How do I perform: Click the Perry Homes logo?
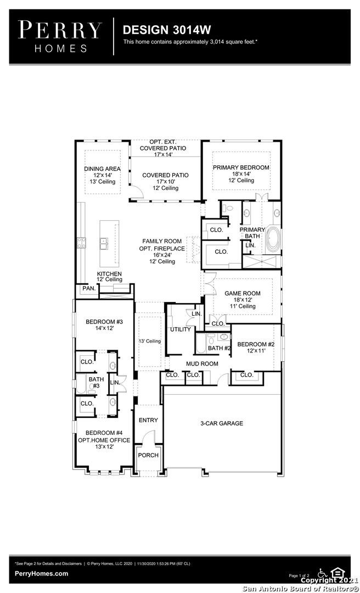[x=60, y=37]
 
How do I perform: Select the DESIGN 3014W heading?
[x=167, y=30]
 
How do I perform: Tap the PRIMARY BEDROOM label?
[x=241, y=167]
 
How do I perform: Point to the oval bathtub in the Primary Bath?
[x=273, y=240]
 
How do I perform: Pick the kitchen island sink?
[x=104, y=244]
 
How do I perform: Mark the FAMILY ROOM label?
[x=162, y=241]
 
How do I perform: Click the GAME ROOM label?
[x=243, y=293]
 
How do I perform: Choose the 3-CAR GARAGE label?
[x=222, y=423]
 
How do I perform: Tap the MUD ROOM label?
[x=202, y=363]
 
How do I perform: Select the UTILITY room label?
[x=181, y=329]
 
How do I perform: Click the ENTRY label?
[x=148, y=420]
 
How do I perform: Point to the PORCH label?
[x=148, y=455]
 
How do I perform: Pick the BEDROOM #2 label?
[x=256, y=344]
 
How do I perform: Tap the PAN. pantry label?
[x=89, y=288]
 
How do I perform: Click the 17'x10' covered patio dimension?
[x=165, y=182]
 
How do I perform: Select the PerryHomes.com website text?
[x=42, y=573]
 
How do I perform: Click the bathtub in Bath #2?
[x=201, y=343]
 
